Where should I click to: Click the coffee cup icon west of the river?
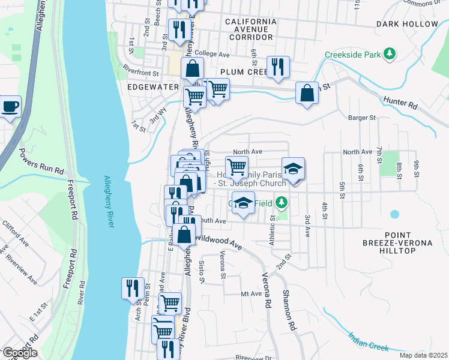click(10, 107)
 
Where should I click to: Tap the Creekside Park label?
click(353, 55)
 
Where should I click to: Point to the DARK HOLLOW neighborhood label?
click(407, 24)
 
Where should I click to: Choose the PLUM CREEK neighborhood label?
click(243, 72)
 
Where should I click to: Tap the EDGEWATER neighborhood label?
click(152, 87)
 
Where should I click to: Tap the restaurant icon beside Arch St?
click(132, 288)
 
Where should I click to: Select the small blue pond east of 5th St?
click(394, 214)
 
